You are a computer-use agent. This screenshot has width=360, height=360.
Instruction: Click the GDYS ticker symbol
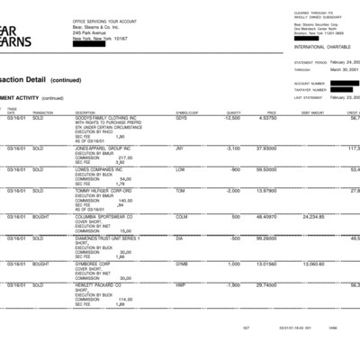tap(182, 118)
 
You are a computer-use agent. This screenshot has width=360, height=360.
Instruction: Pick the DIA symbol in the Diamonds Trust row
tap(180, 238)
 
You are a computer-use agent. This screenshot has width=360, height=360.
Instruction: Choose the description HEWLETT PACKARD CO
tap(98, 283)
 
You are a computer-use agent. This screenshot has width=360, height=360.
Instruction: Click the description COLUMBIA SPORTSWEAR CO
tap(105, 217)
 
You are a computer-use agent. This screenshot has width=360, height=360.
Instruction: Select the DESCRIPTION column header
tap(89, 112)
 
